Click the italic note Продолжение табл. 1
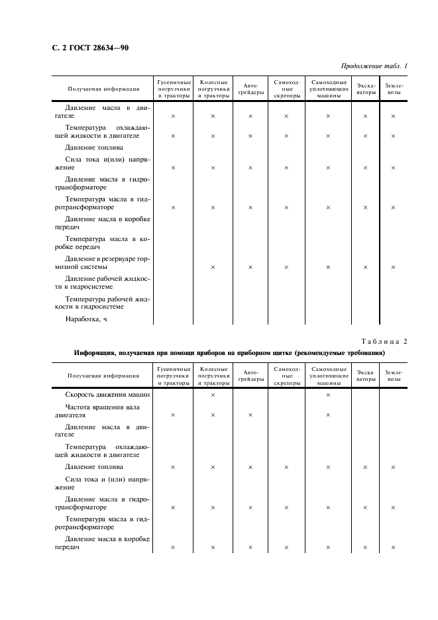coord(374,66)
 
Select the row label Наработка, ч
coord(86,319)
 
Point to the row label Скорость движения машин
coord(107,395)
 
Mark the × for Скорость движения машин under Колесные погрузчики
coord(213,395)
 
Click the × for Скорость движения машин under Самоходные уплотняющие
coord(328,395)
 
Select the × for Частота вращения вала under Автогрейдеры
coord(250,415)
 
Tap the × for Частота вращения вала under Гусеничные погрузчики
coord(173,415)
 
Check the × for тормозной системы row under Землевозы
coord(393,267)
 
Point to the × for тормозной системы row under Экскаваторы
coord(365,267)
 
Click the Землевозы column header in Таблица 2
coord(394,376)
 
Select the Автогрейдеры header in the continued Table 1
coord(250,89)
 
